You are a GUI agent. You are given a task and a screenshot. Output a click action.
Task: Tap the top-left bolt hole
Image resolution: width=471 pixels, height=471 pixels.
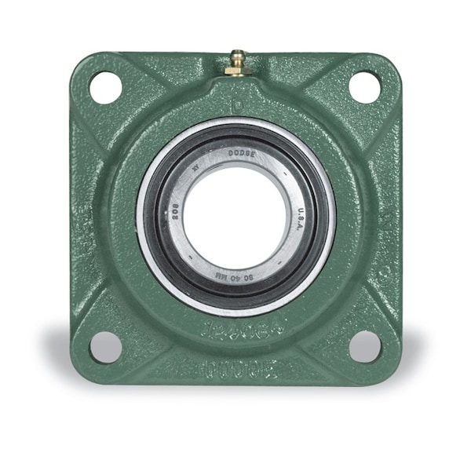106,87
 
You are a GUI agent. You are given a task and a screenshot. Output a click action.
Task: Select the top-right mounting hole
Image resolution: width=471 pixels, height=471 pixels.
363,87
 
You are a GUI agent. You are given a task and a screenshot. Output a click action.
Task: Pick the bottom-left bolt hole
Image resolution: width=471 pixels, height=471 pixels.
106,346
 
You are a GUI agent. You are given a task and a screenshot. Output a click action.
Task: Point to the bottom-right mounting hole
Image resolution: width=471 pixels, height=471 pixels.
364,346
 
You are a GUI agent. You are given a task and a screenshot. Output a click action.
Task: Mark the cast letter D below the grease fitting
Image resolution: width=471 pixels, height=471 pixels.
235,102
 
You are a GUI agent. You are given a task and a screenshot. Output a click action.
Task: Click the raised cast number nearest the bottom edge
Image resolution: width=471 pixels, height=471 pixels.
235,366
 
